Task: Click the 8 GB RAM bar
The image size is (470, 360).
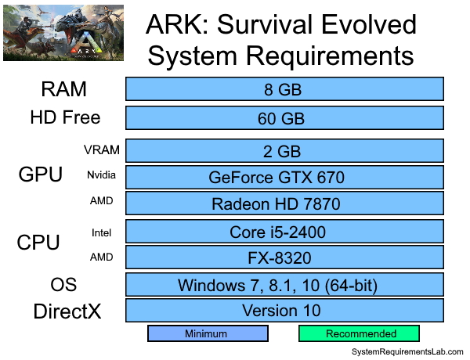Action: click(x=284, y=88)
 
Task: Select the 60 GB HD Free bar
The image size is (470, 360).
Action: click(x=284, y=118)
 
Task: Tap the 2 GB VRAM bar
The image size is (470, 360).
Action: click(x=284, y=149)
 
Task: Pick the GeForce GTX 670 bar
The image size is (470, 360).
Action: click(x=284, y=177)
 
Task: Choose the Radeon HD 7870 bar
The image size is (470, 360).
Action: click(x=284, y=203)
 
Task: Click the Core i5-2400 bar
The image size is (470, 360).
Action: click(x=284, y=231)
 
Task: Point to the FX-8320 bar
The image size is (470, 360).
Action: click(x=284, y=257)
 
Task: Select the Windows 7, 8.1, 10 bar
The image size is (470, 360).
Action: click(x=284, y=284)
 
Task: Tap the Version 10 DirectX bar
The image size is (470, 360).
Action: click(x=284, y=310)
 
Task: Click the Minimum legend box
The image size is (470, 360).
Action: click(x=208, y=333)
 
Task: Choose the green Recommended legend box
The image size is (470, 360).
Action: click(x=361, y=333)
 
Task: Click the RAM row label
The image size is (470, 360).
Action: click(x=64, y=88)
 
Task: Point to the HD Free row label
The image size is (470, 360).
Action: click(x=65, y=118)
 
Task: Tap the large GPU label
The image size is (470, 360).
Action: click(x=40, y=175)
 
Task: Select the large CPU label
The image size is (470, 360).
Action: click(x=38, y=243)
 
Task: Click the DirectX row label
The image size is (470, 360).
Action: click(x=67, y=311)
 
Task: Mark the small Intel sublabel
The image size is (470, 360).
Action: click(x=102, y=232)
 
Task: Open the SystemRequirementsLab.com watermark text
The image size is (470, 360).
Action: click(x=407, y=353)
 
